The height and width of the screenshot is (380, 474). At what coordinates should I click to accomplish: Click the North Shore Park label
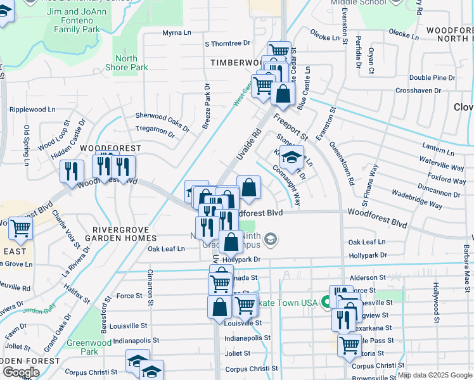click(131, 63)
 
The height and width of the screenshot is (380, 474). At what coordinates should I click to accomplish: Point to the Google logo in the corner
click(21, 372)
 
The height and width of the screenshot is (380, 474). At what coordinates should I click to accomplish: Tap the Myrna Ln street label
click(176, 33)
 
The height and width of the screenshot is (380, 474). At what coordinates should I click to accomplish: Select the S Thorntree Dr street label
click(227, 44)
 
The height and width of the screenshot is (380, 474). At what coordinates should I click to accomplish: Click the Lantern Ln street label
click(433, 148)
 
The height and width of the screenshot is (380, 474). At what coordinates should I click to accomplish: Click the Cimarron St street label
click(150, 284)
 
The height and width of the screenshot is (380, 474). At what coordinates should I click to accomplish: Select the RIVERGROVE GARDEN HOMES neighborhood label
click(124, 233)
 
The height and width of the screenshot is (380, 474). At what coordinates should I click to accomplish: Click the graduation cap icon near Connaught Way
click(291, 158)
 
